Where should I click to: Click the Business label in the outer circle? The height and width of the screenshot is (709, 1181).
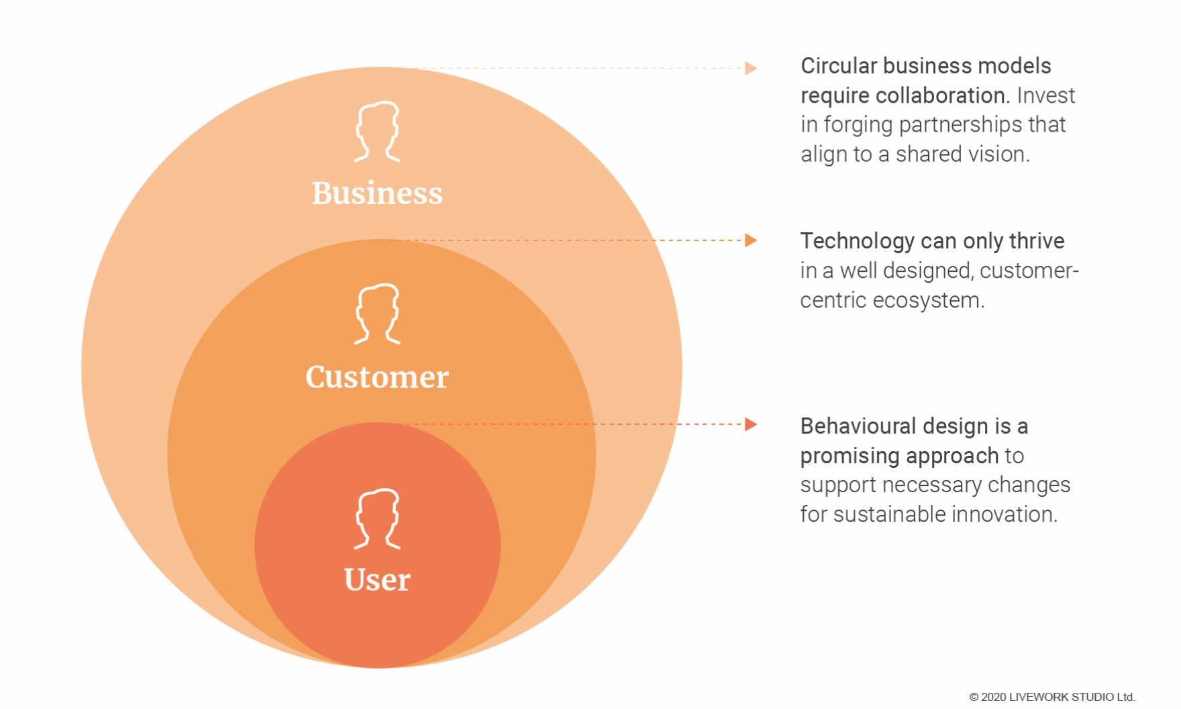pyautogui.click(x=377, y=193)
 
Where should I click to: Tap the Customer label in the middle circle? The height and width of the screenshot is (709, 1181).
pyautogui.click(x=377, y=377)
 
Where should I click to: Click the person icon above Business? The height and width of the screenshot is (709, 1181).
pyautogui.click(x=377, y=132)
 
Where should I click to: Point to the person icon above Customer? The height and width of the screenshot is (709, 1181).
pyautogui.click(x=377, y=314)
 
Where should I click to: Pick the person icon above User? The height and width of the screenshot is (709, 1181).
pyautogui.click(x=377, y=518)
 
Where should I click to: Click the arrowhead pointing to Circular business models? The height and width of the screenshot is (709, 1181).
pyautogui.click(x=751, y=68)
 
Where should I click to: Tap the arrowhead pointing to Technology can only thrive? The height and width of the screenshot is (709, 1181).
pyautogui.click(x=751, y=240)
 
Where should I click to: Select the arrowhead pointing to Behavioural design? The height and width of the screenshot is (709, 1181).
pyautogui.click(x=751, y=424)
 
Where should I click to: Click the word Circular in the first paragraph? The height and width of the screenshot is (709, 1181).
pyautogui.click(x=839, y=66)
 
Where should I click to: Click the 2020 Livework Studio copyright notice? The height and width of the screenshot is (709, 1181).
pyautogui.click(x=1051, y=697)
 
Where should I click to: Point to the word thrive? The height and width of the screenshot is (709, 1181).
pyautogui.click(x=1037, y=241)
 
